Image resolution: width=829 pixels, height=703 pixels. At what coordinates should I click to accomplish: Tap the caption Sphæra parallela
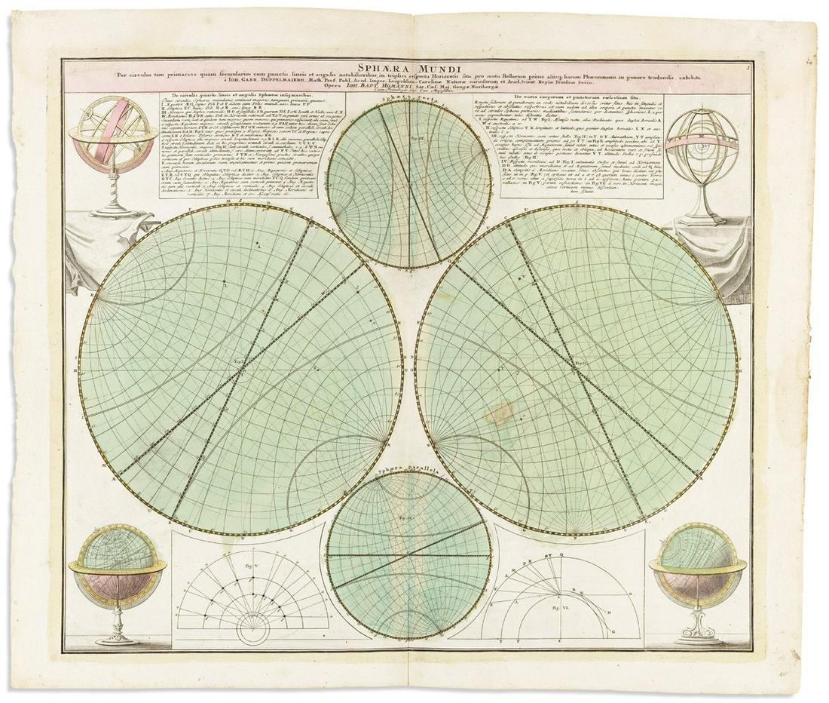[407, 476]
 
